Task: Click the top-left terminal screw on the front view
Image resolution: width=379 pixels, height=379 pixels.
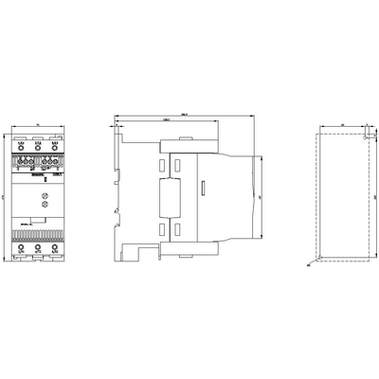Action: click(x=22, y=147)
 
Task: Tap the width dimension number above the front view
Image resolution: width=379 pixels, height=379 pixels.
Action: click(x=37, y=123)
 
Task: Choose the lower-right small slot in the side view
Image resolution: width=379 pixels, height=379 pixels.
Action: click(x=190, y=229)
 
